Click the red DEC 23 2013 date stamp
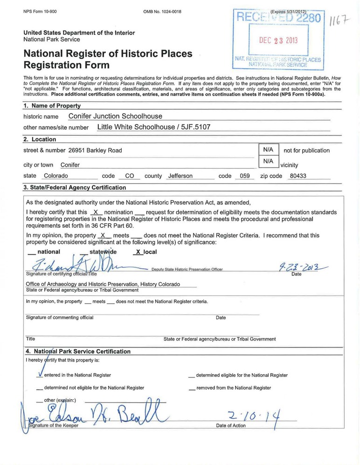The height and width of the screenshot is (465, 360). click(x=278, y=40)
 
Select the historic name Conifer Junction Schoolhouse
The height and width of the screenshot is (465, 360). click(x=115, y=116)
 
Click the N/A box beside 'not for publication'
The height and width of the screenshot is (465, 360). click(x=268, y=150)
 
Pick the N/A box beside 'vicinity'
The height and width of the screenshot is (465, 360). click(x=268, y=161)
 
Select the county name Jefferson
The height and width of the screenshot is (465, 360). click(x=180, y=176)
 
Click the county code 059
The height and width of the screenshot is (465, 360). click(x=243, y=176)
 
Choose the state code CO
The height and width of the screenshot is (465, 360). click(x=130, y=176)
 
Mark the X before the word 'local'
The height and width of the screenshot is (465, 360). click(x=137, y=252)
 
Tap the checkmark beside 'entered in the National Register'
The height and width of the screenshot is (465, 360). click(x=40, y=374)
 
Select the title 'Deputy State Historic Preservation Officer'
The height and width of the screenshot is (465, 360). click(x=187, y=269)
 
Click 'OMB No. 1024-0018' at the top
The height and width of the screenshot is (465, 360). click(x=162, y=11)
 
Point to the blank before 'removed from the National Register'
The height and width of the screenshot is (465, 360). click(x=192, y=388)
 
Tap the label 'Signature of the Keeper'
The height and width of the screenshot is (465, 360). click(x=52, y=425)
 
